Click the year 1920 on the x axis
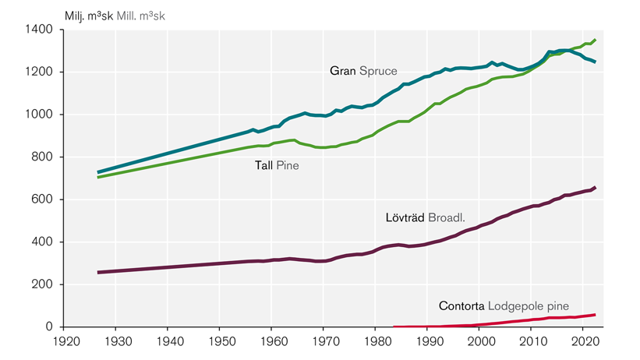(x=64, y=342)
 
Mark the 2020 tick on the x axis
(x=585, y=342)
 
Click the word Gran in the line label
(x=342, y=71)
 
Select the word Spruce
(x=376, y=71)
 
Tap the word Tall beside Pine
(x=263, y=165)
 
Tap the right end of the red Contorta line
(x=595, y=315)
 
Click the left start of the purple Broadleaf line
(x=98, y=272)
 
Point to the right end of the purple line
(x=596, y=188)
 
